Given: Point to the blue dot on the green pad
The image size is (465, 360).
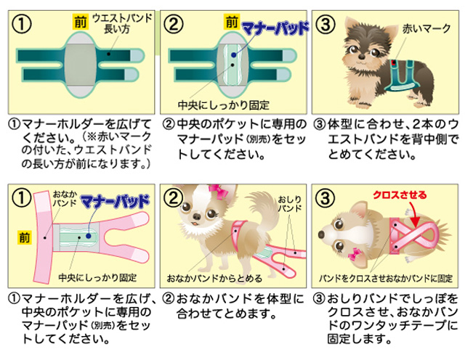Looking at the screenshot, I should [231, 55].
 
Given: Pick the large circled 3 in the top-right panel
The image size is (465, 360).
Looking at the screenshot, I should [327, 22].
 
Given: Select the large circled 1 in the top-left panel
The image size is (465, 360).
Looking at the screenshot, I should [24, 22].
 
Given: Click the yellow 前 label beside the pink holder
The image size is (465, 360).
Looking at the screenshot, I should [25, 236].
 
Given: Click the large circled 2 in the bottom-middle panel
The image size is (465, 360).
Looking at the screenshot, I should [175, 199].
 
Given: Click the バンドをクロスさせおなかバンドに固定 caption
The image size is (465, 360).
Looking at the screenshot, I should [384, 278].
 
